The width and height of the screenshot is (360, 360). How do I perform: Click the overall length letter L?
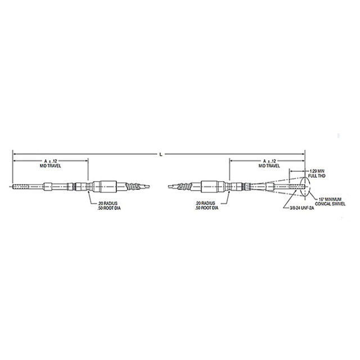coord(161,153)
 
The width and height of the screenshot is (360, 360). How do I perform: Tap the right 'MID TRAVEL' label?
coord(268,167)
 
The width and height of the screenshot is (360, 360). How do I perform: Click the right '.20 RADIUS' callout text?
coord(206,202)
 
